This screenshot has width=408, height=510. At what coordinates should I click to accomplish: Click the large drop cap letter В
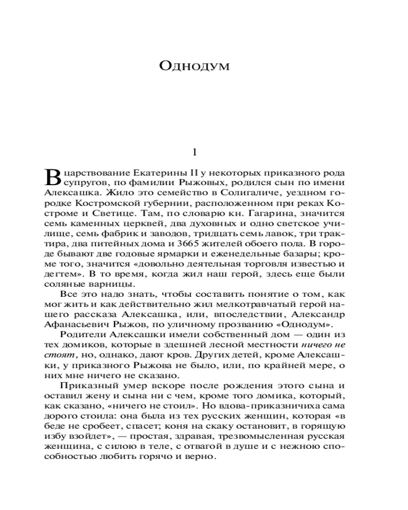(x=53, y=175)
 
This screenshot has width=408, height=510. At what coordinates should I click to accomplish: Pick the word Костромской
(x=102, y=204)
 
